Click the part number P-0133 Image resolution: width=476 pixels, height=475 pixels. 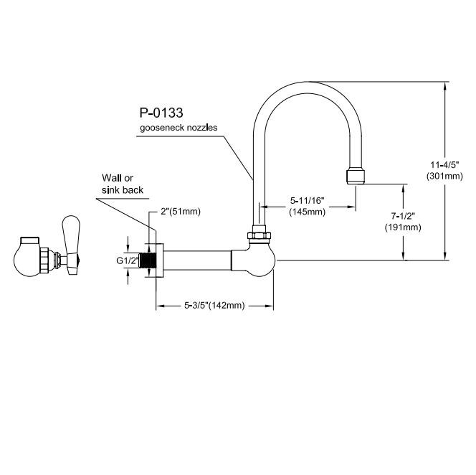click(x=161, y=113)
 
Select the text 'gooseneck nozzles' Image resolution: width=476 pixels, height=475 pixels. click(x=178, y=128)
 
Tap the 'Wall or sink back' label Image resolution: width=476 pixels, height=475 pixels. click(x=123, y=184)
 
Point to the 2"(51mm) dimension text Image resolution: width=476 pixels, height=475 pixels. click(x=181, y=212)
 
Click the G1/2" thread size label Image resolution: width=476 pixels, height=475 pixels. click(x=128, y=260)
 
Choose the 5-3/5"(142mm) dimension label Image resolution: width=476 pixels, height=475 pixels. click(x=214, y=305)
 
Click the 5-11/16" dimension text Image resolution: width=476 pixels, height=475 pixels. click(x=308, y=201)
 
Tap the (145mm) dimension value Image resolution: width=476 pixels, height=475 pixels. click(x=308, y=212)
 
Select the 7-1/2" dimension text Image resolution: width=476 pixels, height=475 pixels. click(x=403, y=216)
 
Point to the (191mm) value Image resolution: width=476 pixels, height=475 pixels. click(x=403, y=227)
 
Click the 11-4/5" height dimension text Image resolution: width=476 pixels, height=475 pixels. click(x=444, y=165)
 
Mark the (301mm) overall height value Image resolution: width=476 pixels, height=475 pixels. click(x=444, y=176)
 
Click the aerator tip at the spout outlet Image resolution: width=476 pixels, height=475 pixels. click(x=355, y=177)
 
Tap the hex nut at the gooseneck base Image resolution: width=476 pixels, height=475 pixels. click(x=259, y=235)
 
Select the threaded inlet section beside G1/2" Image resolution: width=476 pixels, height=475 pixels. click(x=148, y=260)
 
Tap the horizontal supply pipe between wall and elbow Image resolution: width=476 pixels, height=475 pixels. click(x=198, y=260)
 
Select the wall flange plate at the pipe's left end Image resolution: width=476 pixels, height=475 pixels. click(x=160, y=260)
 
